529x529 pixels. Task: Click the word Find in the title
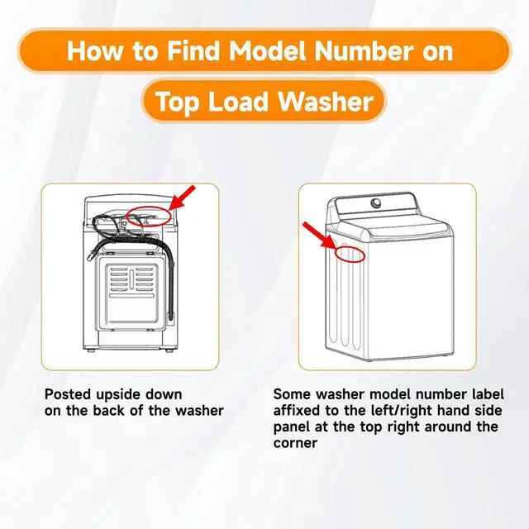193,50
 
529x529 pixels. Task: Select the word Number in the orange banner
364,50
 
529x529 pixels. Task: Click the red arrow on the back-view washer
182,198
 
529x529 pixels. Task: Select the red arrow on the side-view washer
318,236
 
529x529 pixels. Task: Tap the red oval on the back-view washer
149,207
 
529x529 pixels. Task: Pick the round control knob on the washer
375,203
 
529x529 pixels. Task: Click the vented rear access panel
132,293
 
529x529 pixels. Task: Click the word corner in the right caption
295,443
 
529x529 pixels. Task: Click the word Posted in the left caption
68,394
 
